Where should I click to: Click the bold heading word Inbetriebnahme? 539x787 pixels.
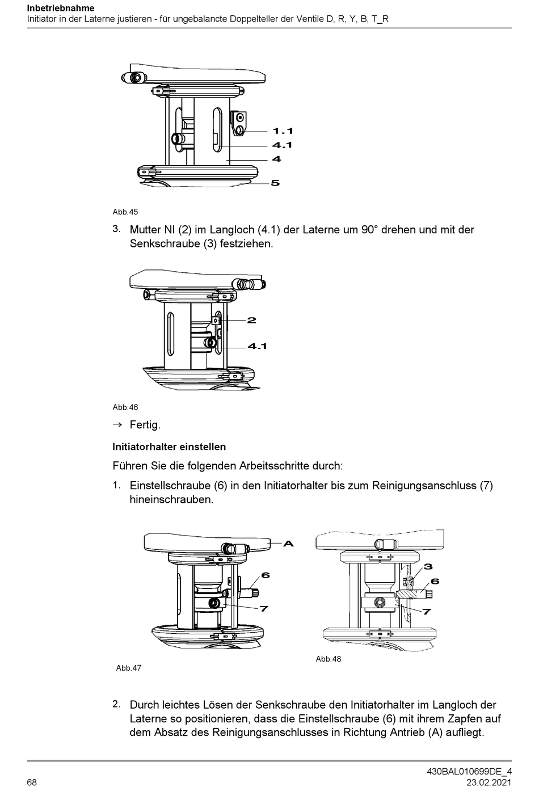[60, 9]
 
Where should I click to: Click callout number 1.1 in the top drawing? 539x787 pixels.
[283, 131]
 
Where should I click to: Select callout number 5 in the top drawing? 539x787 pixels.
[275, 183]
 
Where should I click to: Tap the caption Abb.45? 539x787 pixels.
[125, 212]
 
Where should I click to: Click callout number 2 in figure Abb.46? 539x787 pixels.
[251, 320]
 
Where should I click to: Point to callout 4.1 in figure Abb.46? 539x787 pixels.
[257, 346]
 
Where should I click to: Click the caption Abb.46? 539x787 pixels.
[125, 407]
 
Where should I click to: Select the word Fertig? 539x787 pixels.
[145, 424]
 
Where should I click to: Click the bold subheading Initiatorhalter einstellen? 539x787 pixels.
[169, 447]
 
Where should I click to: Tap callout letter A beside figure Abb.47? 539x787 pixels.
[288, 544]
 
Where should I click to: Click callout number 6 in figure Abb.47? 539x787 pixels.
[265, 575]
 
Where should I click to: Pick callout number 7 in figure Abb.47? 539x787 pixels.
[263, 608]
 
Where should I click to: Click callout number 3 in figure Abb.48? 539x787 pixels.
[428, 566]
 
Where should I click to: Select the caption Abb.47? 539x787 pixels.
[129, 668]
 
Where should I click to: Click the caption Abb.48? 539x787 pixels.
[329, 659]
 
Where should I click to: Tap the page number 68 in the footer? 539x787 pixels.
[32, 782]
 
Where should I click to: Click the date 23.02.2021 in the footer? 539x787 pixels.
[489, 782]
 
